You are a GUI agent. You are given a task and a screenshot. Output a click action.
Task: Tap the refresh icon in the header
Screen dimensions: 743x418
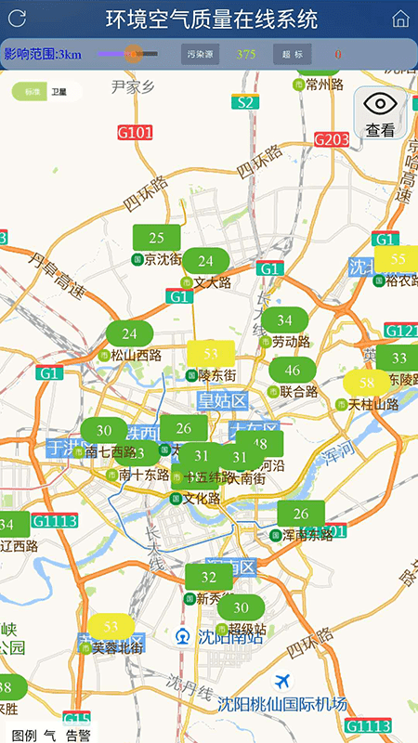click(17, 18)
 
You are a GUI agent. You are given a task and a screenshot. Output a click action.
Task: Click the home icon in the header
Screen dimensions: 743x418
click(400, 19)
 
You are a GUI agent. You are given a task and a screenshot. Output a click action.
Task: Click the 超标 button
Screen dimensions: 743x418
click(292, 54)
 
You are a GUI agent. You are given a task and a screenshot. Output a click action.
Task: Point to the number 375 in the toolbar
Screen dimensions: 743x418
click(246, 54)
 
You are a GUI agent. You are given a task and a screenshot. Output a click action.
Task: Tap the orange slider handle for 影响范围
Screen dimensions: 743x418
click(133, 54)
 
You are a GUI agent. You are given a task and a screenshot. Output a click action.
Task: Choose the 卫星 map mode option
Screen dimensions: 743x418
click(59, 92)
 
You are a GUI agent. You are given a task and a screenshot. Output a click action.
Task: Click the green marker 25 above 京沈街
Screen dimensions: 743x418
click(156, 238)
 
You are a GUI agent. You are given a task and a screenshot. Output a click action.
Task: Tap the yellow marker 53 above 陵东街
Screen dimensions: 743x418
click(211, 354)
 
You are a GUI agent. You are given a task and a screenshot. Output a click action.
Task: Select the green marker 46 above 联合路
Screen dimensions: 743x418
click(293, 370)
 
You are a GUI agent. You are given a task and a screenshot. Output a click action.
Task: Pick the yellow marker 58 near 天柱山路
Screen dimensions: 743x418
click(368, 382)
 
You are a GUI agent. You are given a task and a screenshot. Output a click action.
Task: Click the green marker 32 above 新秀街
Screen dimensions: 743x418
click(208, 577)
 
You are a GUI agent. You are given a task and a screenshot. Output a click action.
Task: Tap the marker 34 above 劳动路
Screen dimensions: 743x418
click(283, 320)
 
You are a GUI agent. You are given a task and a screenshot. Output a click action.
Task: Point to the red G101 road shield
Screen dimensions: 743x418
click(136, 133)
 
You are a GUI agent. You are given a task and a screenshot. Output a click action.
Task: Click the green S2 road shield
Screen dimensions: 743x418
click(245, 103)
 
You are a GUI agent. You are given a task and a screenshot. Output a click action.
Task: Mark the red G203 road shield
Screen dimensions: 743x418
click(332, 139)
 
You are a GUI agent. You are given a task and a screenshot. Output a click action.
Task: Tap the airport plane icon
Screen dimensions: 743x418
click(283, 684)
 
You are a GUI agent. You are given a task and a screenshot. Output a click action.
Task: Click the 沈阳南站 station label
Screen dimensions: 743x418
click(230, 637)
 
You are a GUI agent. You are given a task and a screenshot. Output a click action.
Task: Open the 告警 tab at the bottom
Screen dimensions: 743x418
click(78, 735)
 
